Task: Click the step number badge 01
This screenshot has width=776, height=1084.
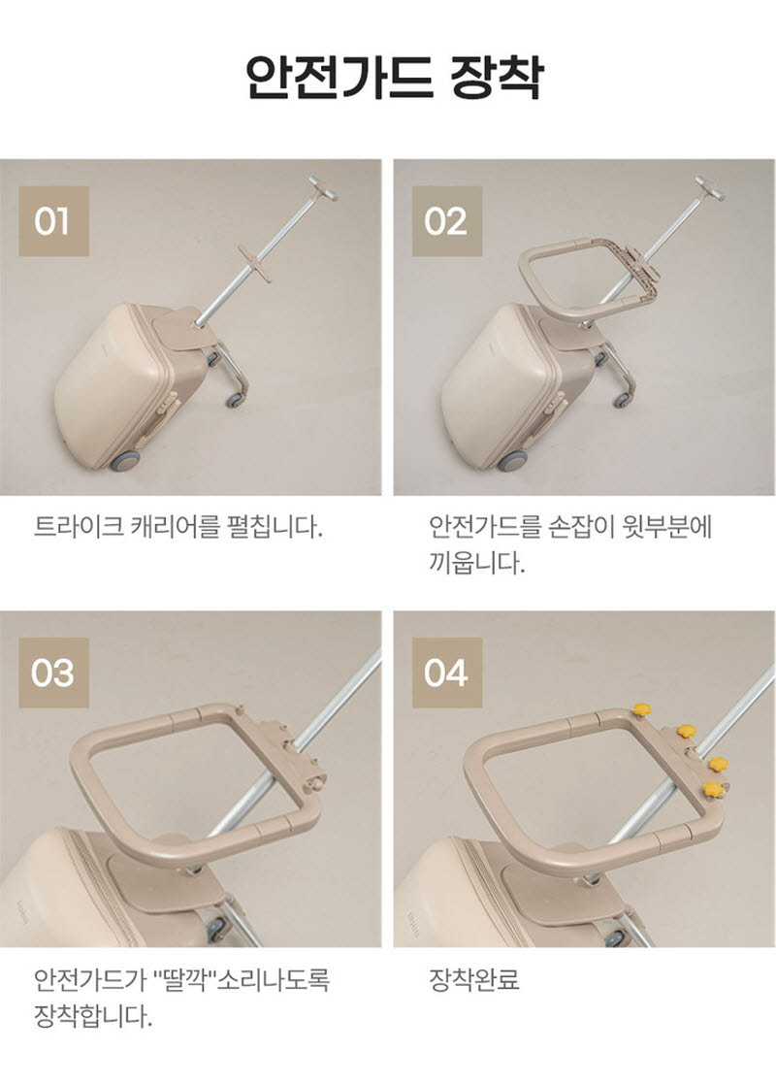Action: coord(54,221)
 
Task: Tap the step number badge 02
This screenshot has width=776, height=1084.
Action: coord(447,221)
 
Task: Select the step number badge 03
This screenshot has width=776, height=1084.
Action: coord(54,673)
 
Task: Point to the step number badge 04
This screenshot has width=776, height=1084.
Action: coord(447,673)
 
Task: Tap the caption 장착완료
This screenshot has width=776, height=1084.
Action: coord(474,979)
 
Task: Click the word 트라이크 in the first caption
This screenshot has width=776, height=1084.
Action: coord(78,528)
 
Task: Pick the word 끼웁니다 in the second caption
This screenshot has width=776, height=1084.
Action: coord(477,564)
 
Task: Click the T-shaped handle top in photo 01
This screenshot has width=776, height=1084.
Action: coord(323,186)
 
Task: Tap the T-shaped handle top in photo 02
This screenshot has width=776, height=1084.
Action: coord(710,187)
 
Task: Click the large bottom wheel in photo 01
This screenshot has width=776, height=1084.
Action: coord(125,461)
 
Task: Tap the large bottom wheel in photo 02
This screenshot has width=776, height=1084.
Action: coord(512,461)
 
